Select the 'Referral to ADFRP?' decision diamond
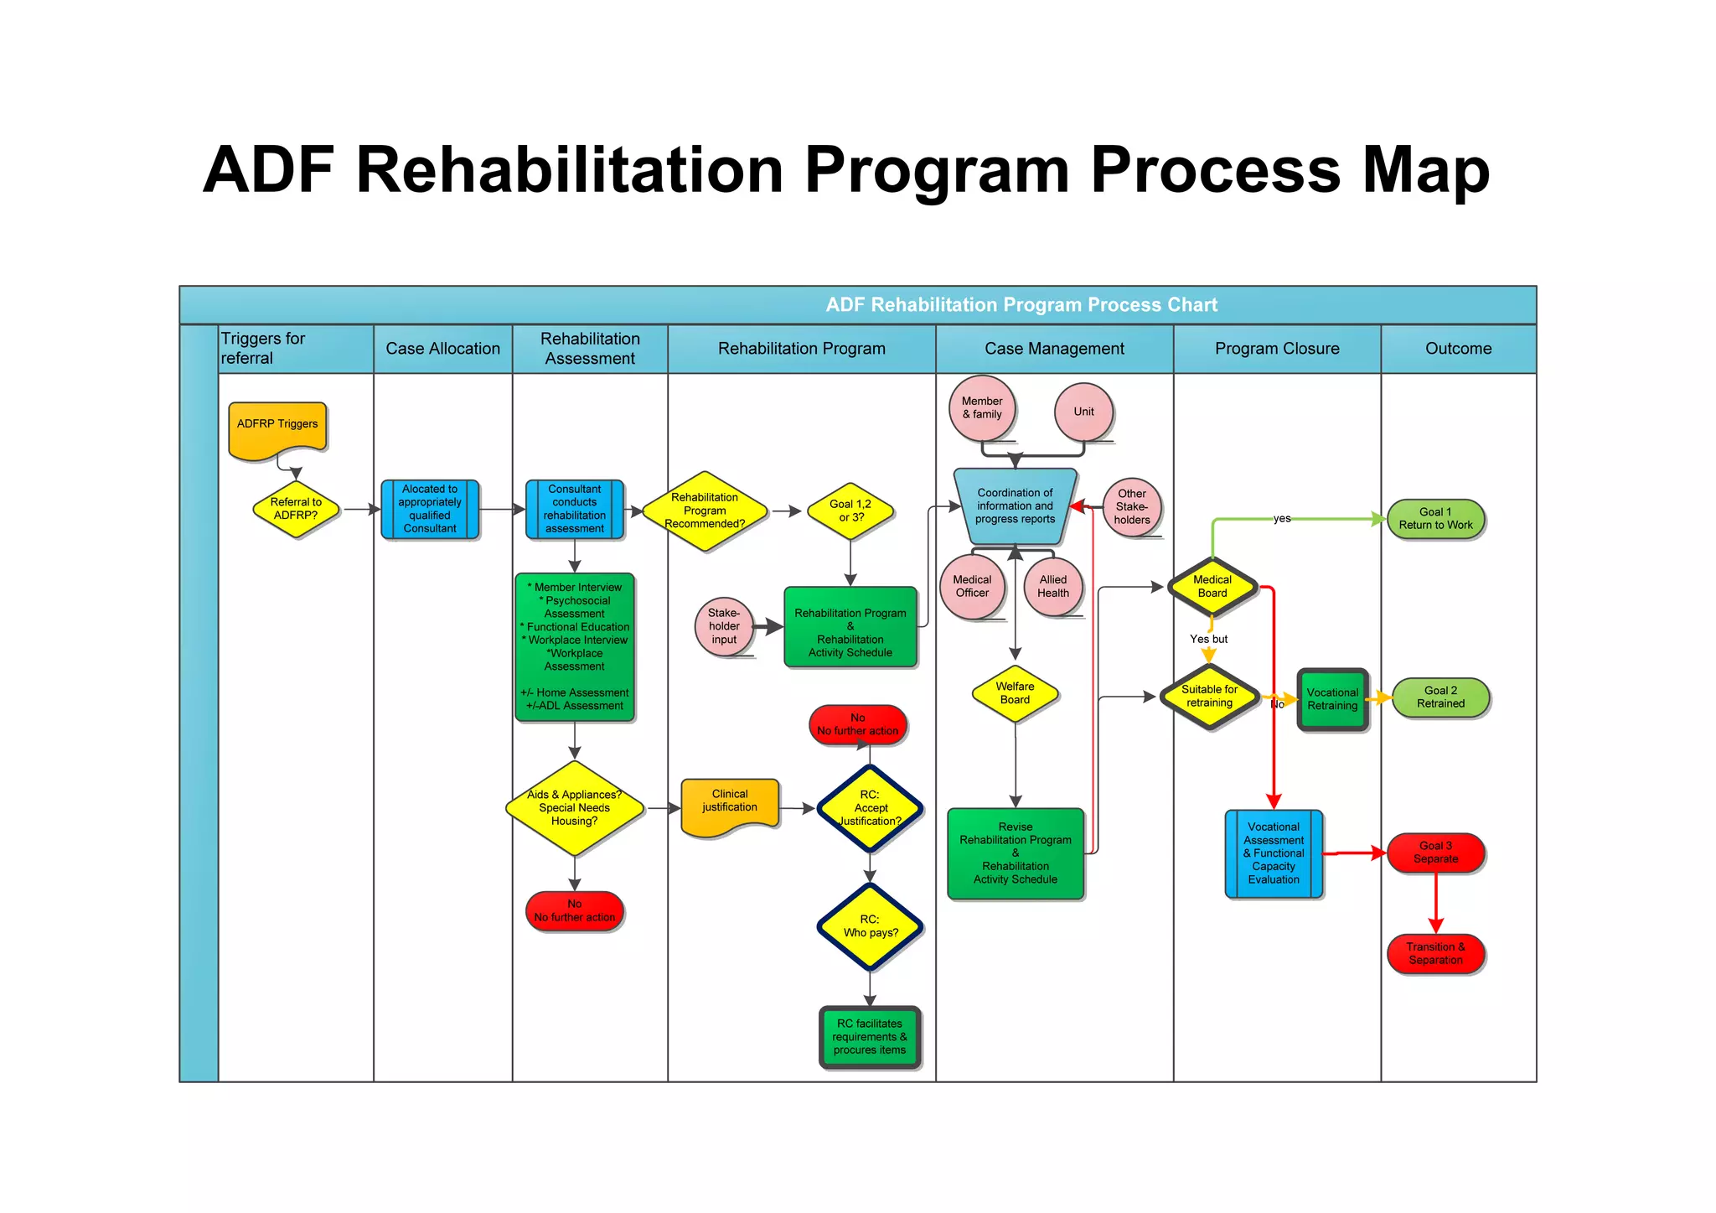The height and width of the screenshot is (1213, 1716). click(x=296, y=509)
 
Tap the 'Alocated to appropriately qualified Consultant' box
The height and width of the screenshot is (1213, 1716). click(x=430, y=509)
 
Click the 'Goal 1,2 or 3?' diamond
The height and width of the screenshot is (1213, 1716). click(x=850, y=511)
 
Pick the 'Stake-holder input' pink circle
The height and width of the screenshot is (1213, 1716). click(x=724, y=626)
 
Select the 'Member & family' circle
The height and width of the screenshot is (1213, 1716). click(x=982, y=408)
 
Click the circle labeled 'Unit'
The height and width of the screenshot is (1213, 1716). click(x=1083, y=412)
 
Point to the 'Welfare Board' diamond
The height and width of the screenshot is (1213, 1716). click(x=1015, y=693)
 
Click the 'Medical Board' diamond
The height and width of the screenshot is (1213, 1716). click(x=1212, y=586)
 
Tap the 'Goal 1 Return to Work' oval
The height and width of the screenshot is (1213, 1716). click(x=1435, y=519)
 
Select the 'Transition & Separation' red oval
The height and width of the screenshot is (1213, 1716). click(x=1435, y=954)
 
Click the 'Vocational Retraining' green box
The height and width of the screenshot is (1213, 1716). click(x=1332, y=699)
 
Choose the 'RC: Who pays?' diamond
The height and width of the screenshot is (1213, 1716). click(x=870, y=926)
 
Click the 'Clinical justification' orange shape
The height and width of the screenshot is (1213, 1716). click(x=730, y=805)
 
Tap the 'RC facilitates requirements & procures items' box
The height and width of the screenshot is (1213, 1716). click(x=870, y=1037)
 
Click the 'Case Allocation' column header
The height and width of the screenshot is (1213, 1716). click(x=442, y=349)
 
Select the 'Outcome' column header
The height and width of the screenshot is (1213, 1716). click(x=1458, y=349)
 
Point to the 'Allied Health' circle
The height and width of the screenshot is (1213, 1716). click(x=1053, y=586)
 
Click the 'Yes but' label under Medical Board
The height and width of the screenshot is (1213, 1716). click(x=1208, y=639)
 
